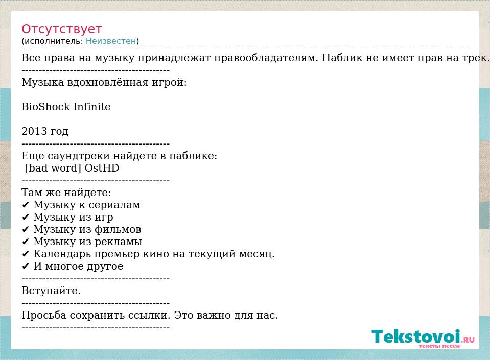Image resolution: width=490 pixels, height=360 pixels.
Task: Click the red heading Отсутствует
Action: tap(61, 29)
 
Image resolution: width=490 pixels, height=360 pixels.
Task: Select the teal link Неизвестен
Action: tap(111, 41)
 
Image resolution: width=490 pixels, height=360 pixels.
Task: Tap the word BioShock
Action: tap(46, 107)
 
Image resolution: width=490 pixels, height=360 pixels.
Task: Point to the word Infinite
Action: tap(92, 107)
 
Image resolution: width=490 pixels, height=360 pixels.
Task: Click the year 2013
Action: tap(34, 131)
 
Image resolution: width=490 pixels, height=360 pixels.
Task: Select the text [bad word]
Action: tap(53, 169)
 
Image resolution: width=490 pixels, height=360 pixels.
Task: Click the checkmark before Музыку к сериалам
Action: tap(26, 205)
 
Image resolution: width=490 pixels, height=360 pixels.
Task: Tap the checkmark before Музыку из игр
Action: tap(26, 218)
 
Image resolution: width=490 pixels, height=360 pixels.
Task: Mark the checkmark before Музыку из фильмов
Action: tap(26, 230)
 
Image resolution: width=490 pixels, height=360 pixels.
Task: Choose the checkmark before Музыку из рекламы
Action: tap(26, 242)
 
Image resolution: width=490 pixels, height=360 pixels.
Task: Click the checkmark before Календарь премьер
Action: tap(26, 254)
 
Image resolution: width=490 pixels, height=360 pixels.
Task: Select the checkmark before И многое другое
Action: tap(26, 267)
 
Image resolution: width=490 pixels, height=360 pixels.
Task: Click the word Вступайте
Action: tap(51, 291)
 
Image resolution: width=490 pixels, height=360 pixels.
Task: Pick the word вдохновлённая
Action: tap(108, 83)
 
